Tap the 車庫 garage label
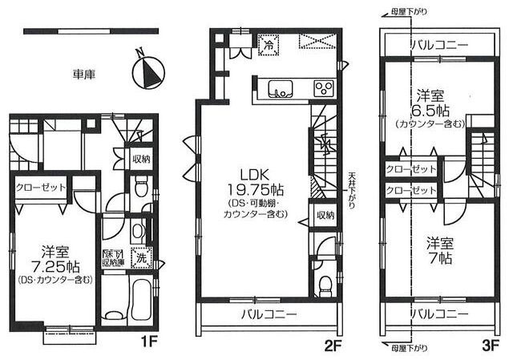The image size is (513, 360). (83, 75)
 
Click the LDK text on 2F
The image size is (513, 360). (248, 174)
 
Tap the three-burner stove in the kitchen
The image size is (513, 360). (322, 88)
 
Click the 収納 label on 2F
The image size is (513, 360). (324, 215)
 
